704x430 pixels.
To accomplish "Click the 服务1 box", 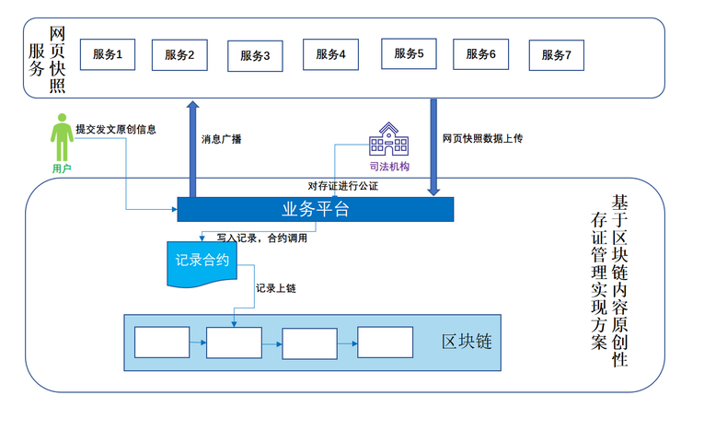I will pyautogui.click(x=108, y=54).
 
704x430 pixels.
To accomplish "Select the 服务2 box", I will pyautogui.click(x=179, y=54).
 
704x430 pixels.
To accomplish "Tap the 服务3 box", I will pyautogui.click(x=255, y=55).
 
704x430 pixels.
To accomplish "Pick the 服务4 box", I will pyautogui.click(x=330, y=54).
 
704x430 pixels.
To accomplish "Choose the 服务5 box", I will pyautogui.click(x=408, y=53).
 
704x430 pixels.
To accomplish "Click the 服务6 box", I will pyautogui.click(x=480, y=54).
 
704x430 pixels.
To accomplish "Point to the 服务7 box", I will pyautogui.click(x=556, y=54).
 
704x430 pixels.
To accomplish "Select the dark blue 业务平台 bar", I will pyautogui.click(x=315, y=209).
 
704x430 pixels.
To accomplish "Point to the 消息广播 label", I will pyautogui.click(x=221, y=141).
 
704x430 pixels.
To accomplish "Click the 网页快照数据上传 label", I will pyautogui.click(x=482, y=138).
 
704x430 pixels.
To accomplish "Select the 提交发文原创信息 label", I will pyautogui.click(x=116, y=129).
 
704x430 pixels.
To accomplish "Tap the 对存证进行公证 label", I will pyautogui.click(x=343, y=186).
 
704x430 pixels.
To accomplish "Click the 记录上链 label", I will pyautogui.click(x=275, y=287).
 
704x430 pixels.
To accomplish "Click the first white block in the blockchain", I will pyautogui.click(x=162, y=343).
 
